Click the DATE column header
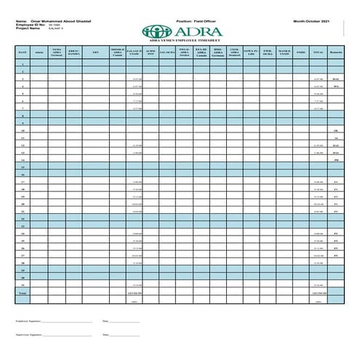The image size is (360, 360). [23, 52]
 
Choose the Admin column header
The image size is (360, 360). [39, 52]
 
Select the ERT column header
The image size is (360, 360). [96, 52]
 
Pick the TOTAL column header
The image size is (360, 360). [318, 52]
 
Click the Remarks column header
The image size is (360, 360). [336, 52]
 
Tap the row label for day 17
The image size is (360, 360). [23, 182]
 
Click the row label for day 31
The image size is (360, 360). [23, 285]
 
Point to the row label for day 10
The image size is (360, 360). [23, 130]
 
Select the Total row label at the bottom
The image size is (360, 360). [23, 292]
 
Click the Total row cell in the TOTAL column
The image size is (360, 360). [318, 292]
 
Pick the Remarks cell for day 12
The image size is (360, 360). [336, 145]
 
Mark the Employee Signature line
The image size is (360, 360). [67, 321]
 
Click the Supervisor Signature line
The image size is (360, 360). [68, 335]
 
